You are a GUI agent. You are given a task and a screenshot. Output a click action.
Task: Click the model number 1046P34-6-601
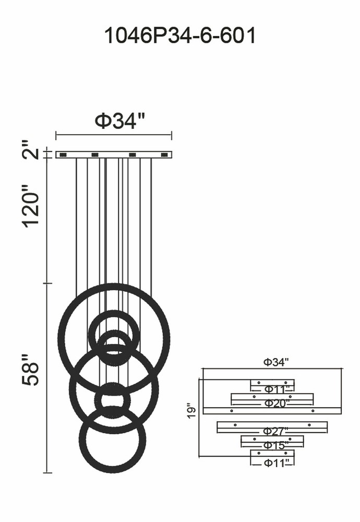coord(180,35)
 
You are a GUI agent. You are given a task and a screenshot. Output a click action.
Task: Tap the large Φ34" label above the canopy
coord(121,121)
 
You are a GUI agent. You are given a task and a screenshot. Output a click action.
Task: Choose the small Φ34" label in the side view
coord(276,362)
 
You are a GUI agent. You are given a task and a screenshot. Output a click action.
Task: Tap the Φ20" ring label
coord(277,404)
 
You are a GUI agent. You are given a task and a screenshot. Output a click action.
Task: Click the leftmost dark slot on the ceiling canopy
coord(63,155)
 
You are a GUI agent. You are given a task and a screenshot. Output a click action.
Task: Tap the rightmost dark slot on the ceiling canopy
coord(164,155)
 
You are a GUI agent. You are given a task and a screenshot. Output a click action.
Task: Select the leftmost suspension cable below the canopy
coord(77,227)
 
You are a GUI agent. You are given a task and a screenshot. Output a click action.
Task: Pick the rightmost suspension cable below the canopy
coord(151,227)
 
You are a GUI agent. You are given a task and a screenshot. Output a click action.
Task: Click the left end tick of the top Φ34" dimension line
coord(56,135)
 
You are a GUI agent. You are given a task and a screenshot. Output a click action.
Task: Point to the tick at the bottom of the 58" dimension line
coord(47,472)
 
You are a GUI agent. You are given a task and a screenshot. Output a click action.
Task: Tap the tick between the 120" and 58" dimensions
coord(47,283)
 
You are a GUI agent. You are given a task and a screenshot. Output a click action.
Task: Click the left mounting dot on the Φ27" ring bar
coord(235,425)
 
